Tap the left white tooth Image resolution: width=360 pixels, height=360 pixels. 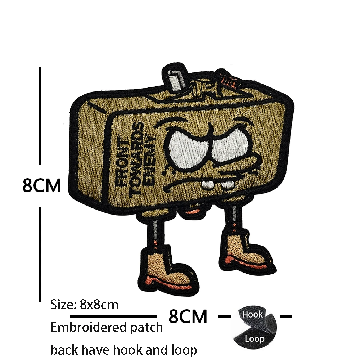pyautogui.click(x=208, y=185)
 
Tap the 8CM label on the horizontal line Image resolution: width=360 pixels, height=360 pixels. pyautogui.click(x=188, y=316)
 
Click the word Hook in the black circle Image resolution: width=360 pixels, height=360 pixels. pyautogui.click(x=252, y=314)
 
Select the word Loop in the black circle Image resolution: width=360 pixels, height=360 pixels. pyautogui.click(x=255, y=338)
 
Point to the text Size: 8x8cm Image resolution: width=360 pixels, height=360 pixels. pyautogui.click(x=84, y=305)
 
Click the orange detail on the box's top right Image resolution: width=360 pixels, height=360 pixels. pyautogui.click(x=228, y=80)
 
